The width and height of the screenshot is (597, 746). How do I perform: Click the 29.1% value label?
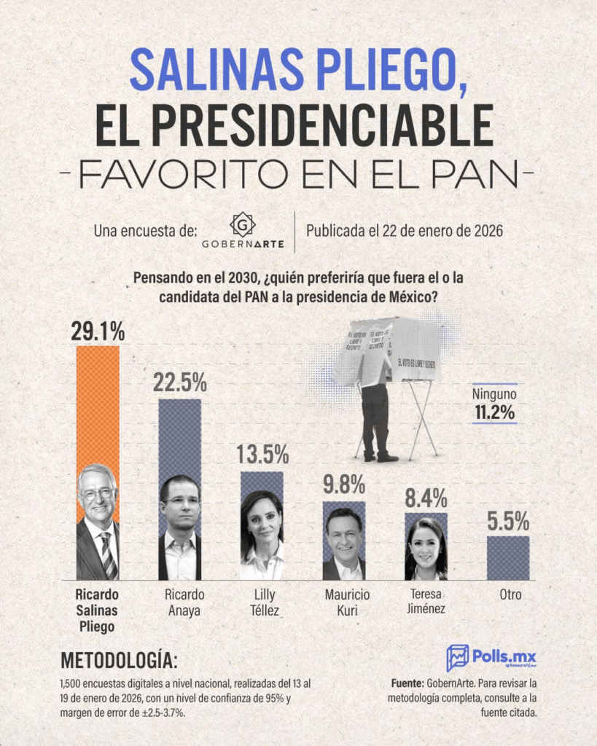pyautogui.click(x=98, y=331)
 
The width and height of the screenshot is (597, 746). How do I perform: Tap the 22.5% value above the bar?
pyautogui.click(x=180, y=384)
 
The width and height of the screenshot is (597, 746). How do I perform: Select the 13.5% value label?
pyautogui.click(x=262, y=455)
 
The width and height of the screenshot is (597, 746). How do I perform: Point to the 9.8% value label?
pyautogui.click(x=344, y=484)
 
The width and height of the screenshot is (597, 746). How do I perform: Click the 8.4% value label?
pyautogui.click(x=426, y=498)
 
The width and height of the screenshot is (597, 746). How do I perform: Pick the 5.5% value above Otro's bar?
pyautogui.click(x=508, y=522)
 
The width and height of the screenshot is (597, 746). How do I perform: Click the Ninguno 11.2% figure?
pyautogui.click(x=494, y=414)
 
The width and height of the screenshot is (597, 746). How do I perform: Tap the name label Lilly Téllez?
pyautogui.click(x=262, y=602)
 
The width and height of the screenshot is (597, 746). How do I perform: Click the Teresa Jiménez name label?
pyautogui.click(x=427, y=601)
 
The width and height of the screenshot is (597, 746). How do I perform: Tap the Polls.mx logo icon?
pyautogui.click(x=458, y=657)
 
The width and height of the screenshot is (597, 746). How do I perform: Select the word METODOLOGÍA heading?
pyautogui.click(x=118, y=661)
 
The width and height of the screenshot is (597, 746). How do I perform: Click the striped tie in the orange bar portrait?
pyautogui.click(x=106, y=555)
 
